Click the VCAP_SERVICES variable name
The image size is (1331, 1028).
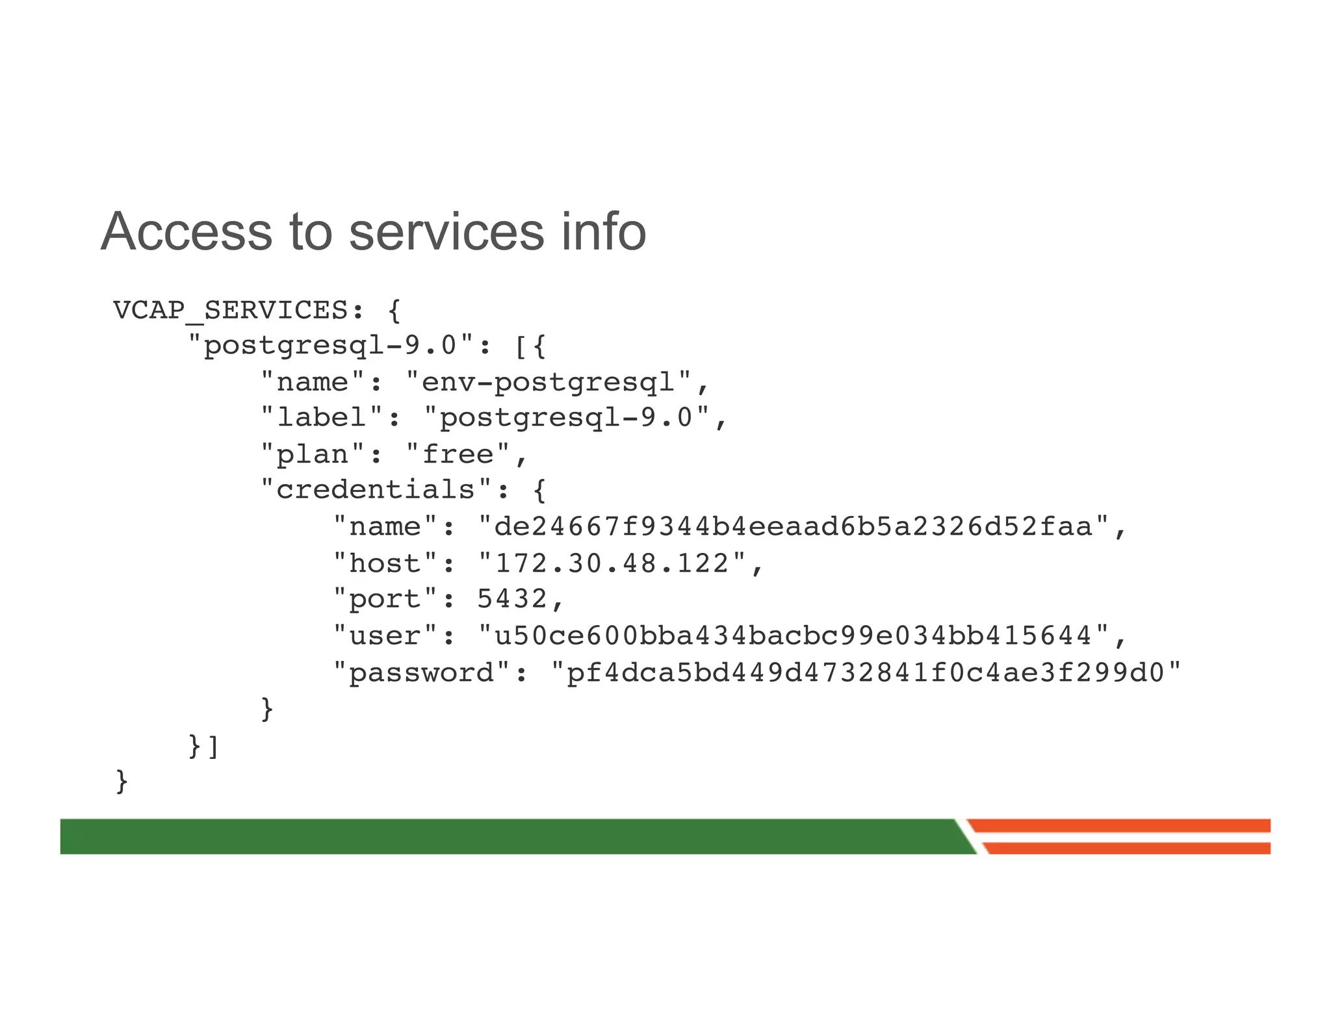tap(231, 311)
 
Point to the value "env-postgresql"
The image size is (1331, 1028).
tap(549, 382)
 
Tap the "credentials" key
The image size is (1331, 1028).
tap(376, 490)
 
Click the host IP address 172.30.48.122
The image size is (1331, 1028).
tap(612, 563)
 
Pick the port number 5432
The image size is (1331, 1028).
tap(512, 598)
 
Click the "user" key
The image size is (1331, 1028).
tap(386, 635)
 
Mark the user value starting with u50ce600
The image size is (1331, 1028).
tap(794, 635)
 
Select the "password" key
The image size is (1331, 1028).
tap(422, 672)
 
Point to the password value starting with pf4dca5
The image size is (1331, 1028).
tap(865, 672)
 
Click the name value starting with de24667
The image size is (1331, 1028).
tap(794, 526)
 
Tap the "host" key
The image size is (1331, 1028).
tap(386, 563)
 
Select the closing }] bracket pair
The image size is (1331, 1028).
tap(203, 746)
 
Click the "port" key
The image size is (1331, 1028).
tap(386, 598)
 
